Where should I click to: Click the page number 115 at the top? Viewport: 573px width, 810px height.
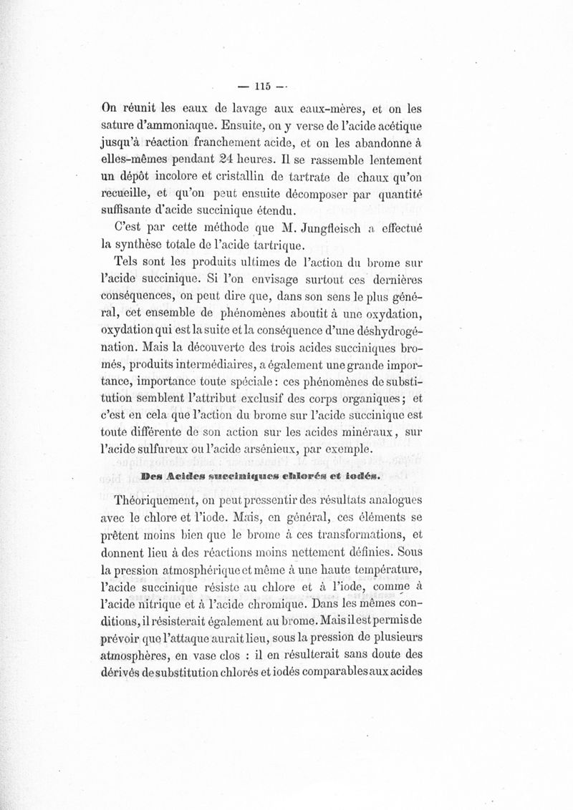pos(256,87)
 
